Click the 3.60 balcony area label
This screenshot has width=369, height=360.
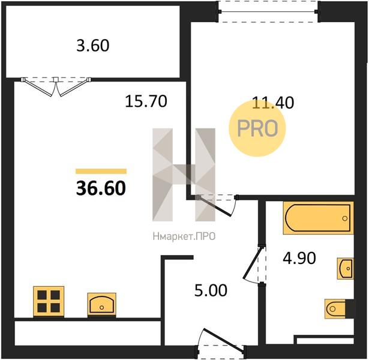coord(93,46)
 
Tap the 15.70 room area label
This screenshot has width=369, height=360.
coord(146,101)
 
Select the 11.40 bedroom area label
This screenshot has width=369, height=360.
coord(273,103)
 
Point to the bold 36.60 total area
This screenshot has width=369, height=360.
coord(101,188)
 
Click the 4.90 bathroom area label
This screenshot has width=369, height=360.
coord(299,258)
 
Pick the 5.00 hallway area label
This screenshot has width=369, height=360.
coord(211,290)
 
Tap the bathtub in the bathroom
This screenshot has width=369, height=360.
coord(318,218)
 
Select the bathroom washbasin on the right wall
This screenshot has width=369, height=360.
coord(345,268)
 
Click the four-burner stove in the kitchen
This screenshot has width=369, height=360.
coord(49,301)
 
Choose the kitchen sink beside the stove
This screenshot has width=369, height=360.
coord(101,305)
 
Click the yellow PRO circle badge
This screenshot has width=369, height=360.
coord(257,128)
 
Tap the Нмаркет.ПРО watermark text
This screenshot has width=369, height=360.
coord(184,236)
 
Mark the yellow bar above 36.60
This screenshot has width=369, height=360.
coord(101,171)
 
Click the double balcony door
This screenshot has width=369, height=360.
coord(56,86)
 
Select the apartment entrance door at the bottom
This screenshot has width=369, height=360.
coord(221,344)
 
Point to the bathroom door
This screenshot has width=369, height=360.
coord(255,263)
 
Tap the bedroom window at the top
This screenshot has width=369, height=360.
coord(268,11)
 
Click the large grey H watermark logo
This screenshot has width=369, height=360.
coord(184,175)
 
